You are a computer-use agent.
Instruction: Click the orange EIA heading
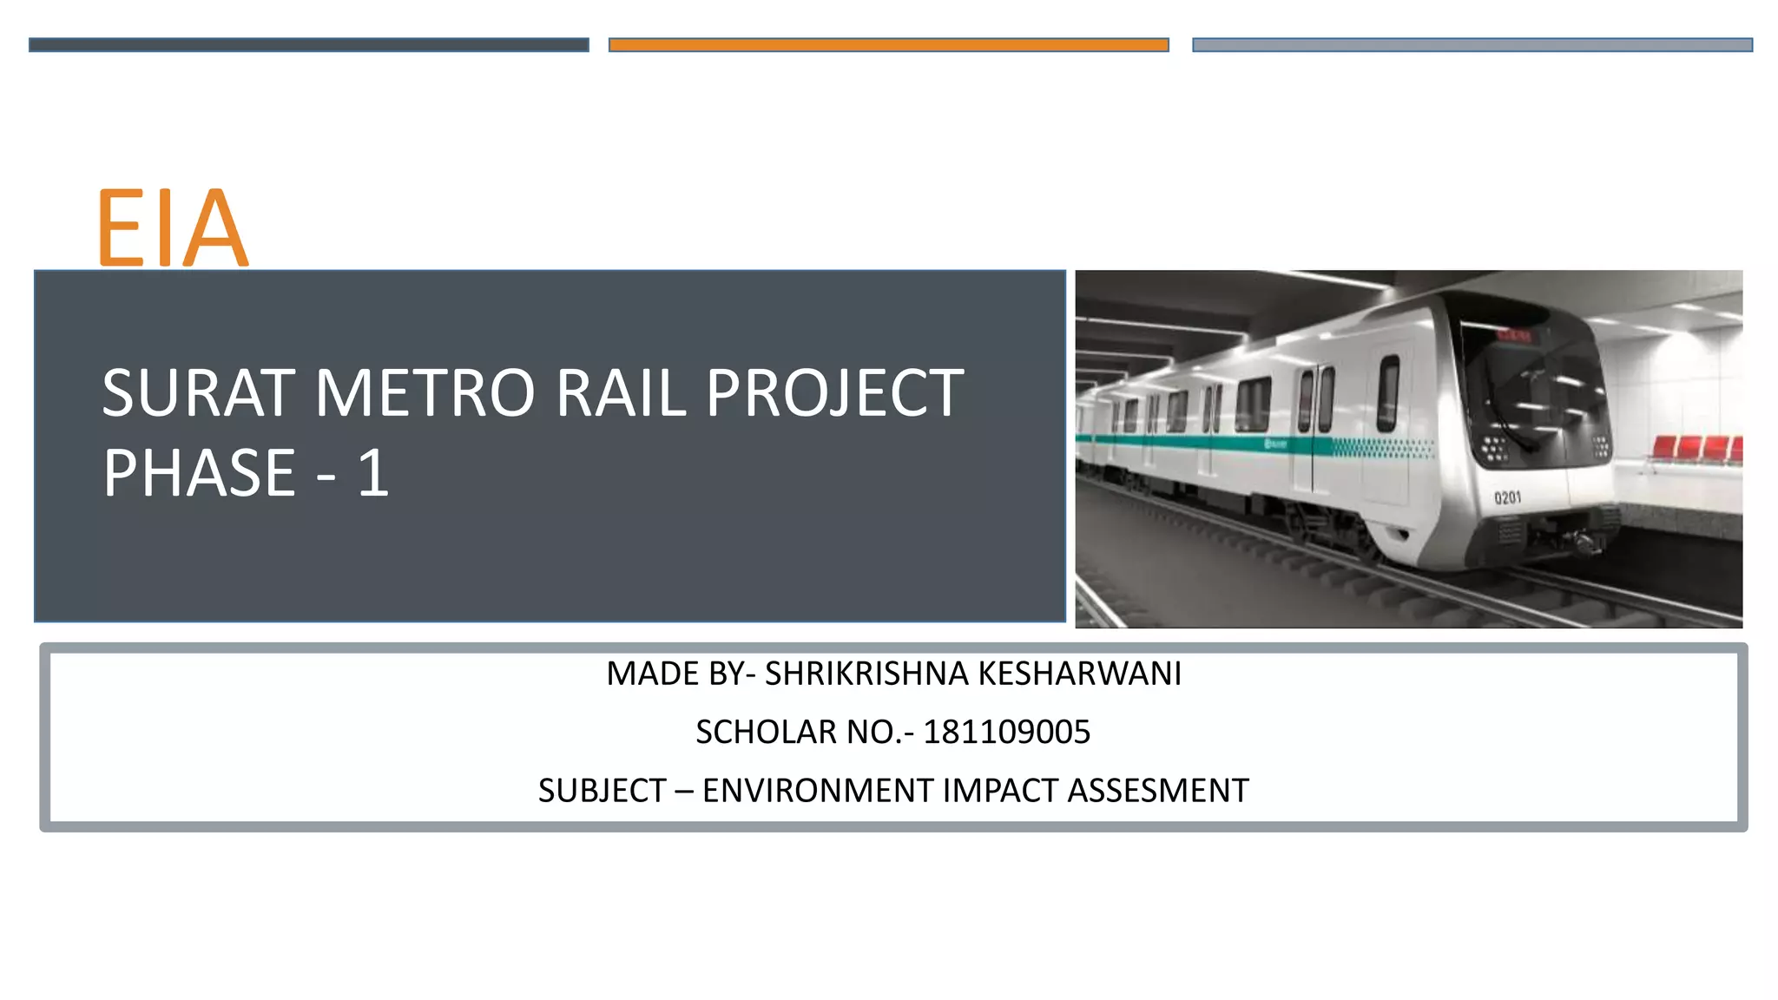[172, 227]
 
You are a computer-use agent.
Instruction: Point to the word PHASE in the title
[200, 474]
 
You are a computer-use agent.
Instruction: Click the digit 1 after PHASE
[373, 474]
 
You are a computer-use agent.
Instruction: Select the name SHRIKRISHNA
[866, 674]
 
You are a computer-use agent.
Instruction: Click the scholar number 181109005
[1006, 733]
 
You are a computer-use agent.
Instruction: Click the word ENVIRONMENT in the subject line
[817, 791]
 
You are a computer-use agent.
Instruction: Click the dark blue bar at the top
[308, 45]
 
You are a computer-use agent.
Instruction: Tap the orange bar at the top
[888, 45]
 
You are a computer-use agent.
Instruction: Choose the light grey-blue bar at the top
[1472, 45]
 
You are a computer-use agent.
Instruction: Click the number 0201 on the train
[1507, 497]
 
